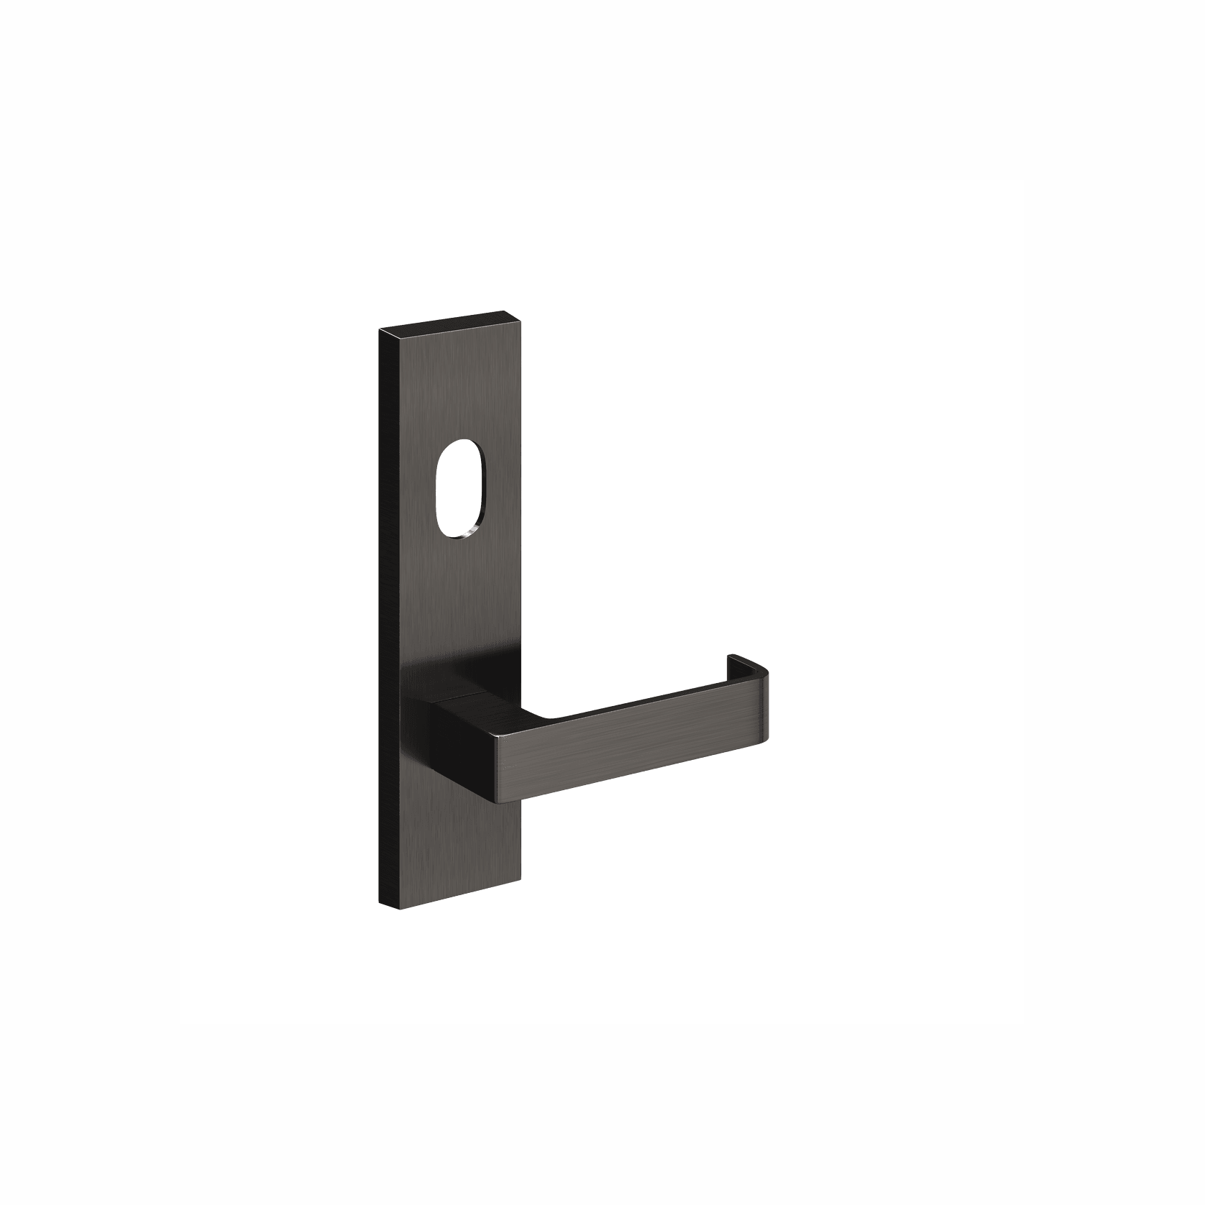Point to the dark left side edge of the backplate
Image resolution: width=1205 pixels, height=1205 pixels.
click(386, 618)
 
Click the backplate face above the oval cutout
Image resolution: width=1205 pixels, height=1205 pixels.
click(453, 388)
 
